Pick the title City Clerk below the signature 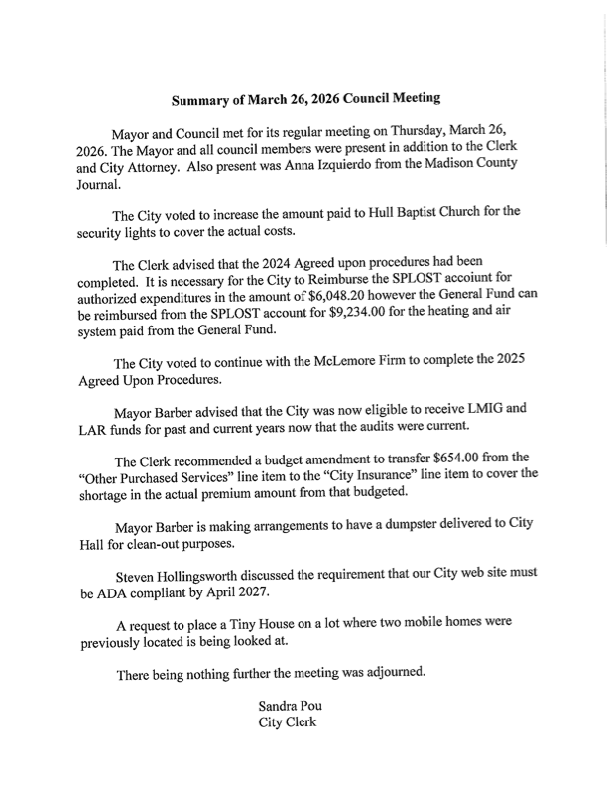(x=288, y=722)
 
